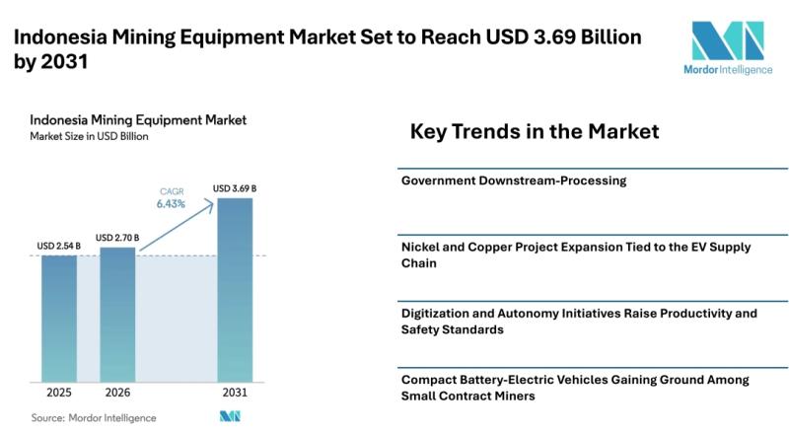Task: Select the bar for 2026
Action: pyautogui.click(x=116, y=315)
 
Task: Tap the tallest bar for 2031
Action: pyautogui.click(x=235, y=290)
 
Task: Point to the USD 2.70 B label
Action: pyautogui.click(x=116, y=237)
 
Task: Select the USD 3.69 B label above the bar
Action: pyautogui.click(x=235, y=187)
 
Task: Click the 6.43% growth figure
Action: pyautogui.click(x=171, y=204)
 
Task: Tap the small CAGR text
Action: pyautogui.click(x=171, y=190)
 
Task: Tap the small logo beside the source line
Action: pyautogui.click(x=230, y=417)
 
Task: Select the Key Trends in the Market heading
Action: pyautogui.click(x=534, y=131)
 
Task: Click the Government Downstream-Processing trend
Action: pyautogui.click(x=514, y=181)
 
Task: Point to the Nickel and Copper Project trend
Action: pyautogui.click(x=576, y=254)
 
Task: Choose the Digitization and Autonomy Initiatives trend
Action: pyautogui.click(x=579, y=321)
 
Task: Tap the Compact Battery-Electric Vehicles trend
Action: pyautogui.click(x=575, y=387)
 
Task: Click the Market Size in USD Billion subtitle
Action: pyautogui.click(x=90, y=136)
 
